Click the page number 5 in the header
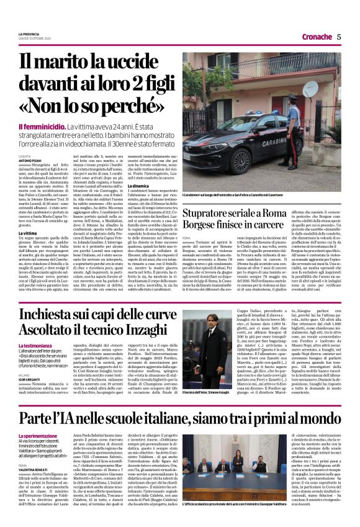pyautogui.click(x=339, y=37)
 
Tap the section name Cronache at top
pyautogui.click(x=314, y=37)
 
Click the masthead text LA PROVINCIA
pyautogui.click(x=29, y=33)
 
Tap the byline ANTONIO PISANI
pyautogui.click(x=29, y=160)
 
